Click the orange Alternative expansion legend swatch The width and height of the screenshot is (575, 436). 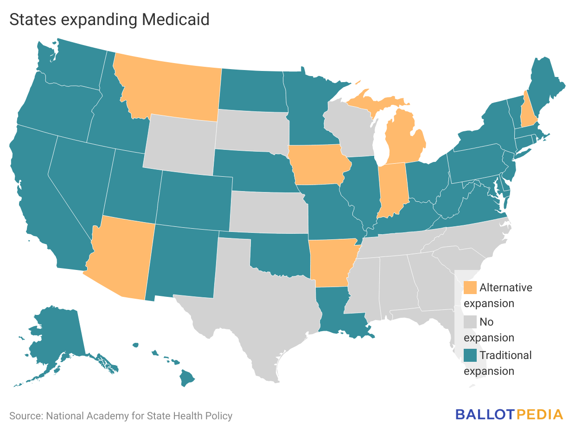tap(470, 288)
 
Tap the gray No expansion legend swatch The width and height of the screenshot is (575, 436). tap(470, 321)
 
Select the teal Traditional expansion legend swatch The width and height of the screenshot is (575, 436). tap(470, 355)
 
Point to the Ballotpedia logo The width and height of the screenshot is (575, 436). tap(509, 414)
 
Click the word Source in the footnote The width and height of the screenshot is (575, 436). tap(25, 416)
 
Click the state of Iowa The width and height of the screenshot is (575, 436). tap(318, 165)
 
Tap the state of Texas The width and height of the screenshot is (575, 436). tap(260, 301)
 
